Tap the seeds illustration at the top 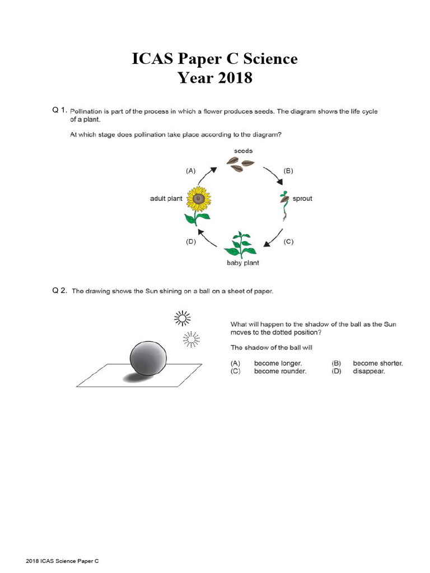pos(240,163)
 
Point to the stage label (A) pos(191,171)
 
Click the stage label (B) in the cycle pos(288,171)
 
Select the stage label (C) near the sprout pos(288,242)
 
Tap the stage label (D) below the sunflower pos(191,242)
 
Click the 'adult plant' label pos(166,199)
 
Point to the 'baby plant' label pos(242,263)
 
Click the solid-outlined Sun pos(182,318)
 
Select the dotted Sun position pos(191,339)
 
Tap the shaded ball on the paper pos(148,359)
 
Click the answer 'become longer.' pos(278,363)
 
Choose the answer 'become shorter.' pos(377,363)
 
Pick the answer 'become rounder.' pos(280,371)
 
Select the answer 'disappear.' pos(368,371)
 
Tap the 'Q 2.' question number pos(59,290)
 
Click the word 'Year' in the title pos(195,78)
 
